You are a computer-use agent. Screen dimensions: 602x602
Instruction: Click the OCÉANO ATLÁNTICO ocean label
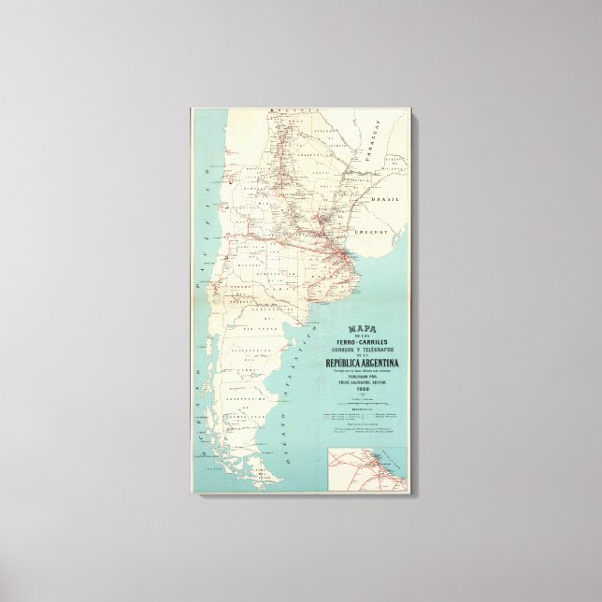coord(272,388)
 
